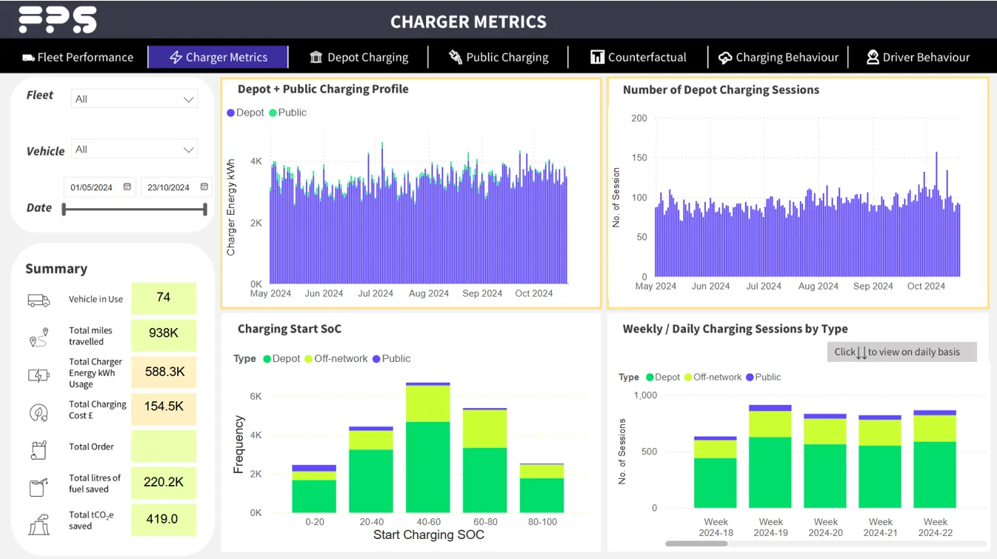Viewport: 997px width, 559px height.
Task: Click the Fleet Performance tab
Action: coord(78,57)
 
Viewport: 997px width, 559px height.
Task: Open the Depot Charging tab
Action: coord(359,57)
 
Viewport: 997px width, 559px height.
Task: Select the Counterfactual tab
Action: coord(638,57)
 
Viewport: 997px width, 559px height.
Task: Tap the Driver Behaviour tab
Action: coord(918,57)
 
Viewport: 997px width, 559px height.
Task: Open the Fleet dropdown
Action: coord(134,99)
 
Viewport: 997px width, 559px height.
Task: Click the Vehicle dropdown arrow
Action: coord(188,150)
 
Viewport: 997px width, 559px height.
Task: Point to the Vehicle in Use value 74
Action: coord(164,298)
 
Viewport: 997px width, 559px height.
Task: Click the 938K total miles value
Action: coord(164,334)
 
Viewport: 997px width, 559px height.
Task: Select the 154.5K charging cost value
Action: coord(164,406)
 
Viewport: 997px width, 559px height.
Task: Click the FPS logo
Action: coord(58,19)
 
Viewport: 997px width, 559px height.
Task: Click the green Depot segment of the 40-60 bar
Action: coord(427,466)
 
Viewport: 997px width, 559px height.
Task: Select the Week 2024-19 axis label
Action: coord(770,527)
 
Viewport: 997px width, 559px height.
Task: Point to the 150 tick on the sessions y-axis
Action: coord(638,158)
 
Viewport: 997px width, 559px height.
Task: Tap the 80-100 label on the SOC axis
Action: coord(541,522)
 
